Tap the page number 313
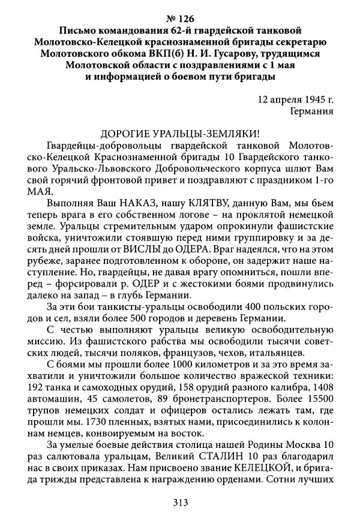point(180,502)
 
